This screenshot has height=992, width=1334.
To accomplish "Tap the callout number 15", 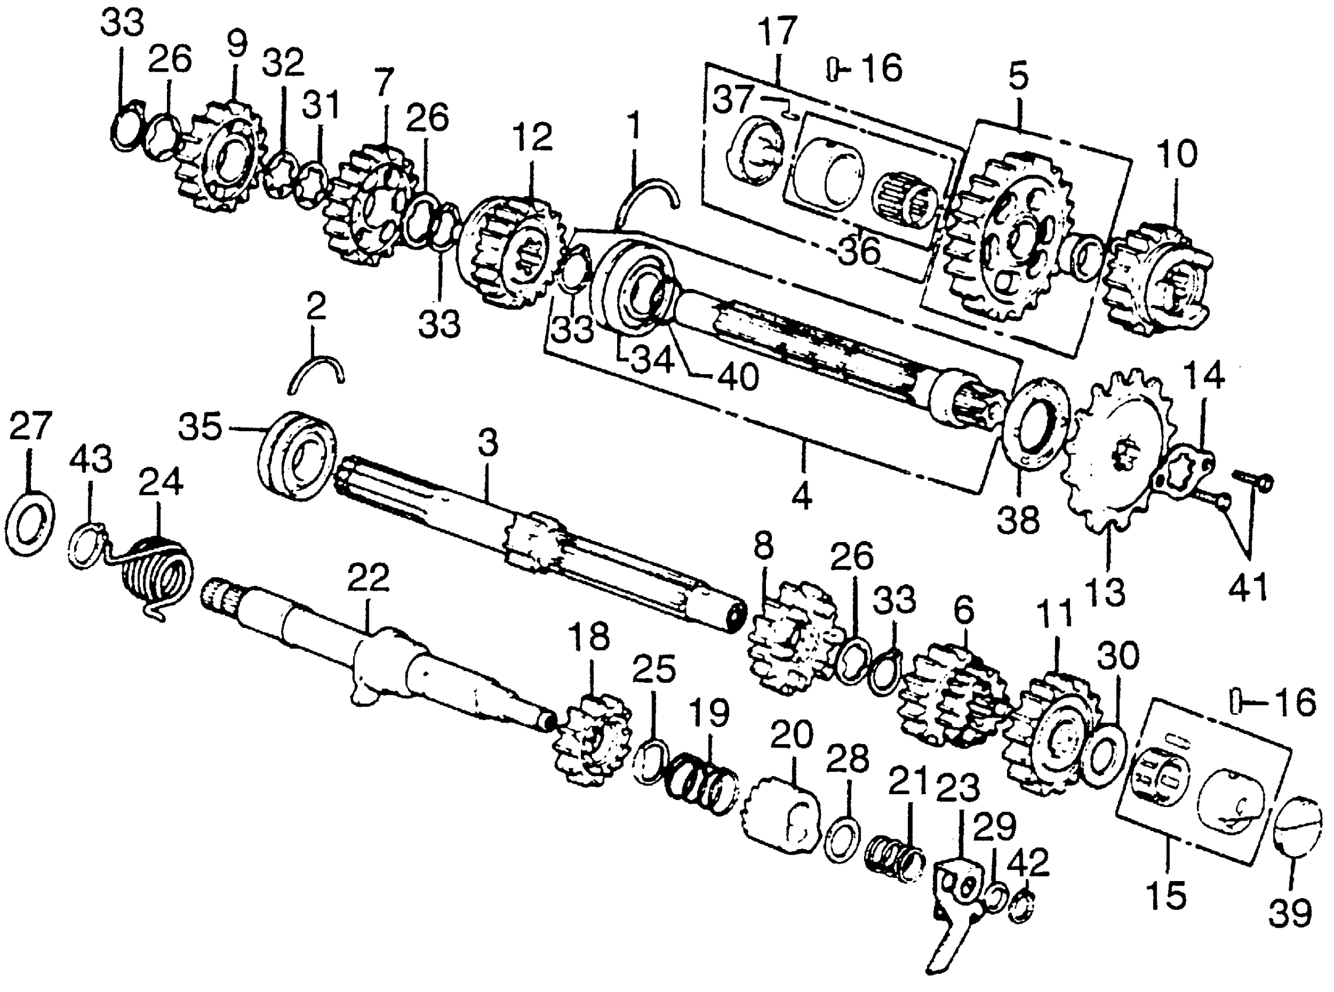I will (x=1166, y=895).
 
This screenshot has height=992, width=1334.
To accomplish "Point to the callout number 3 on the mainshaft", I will (x=487, y=443).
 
